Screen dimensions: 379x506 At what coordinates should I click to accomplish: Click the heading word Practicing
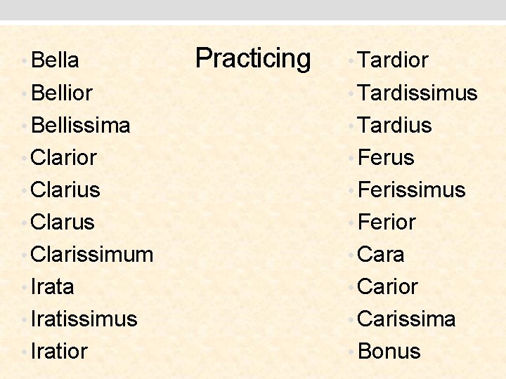point(253,58)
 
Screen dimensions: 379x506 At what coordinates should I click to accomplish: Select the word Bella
point(55,60)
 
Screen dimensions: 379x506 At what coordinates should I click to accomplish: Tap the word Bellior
point(62,93)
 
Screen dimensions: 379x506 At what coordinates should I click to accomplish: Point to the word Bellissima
point(81,125)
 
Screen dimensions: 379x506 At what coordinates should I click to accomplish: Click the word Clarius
point(66,189)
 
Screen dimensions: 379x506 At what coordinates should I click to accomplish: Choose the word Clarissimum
point(92,254)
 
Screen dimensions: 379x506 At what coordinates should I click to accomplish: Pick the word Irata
point(53,286)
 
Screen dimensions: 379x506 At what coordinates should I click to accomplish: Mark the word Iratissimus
point(84,319)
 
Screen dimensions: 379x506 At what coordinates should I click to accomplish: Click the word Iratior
point(60,351)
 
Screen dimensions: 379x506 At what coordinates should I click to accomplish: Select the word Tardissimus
point(417,93)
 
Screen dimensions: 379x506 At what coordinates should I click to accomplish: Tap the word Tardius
point(394,125)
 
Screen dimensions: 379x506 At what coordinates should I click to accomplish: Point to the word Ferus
point(386,157)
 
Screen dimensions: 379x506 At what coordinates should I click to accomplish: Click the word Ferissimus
point(411,189)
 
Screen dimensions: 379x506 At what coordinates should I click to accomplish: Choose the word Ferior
point(387,222)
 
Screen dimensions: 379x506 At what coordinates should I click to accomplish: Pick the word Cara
point(381,254)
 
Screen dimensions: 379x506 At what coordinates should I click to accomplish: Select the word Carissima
point(406,319)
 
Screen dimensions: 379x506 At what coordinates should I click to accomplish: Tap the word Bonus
point(389,351)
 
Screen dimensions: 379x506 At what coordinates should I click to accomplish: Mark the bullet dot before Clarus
point(25,223)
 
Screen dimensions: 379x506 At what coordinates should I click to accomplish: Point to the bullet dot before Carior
point(351,288)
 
